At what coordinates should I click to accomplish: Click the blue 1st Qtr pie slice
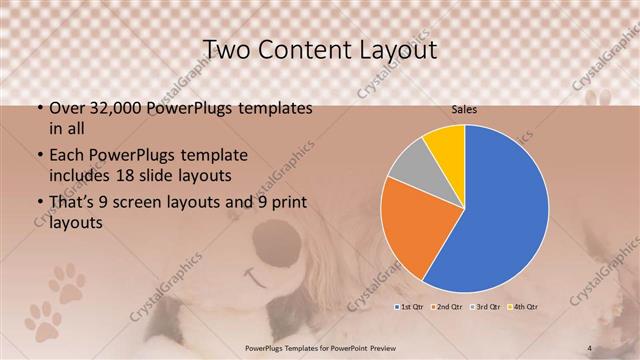click(500, 210)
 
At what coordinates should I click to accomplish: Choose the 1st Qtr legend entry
click(412, 304)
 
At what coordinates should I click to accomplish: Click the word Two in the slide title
click(226, 50)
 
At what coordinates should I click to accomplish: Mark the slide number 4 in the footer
click(590, 348)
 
